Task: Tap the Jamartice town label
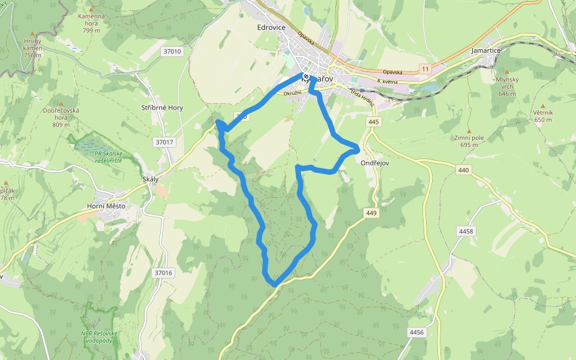tap(486, 50)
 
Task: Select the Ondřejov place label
tap(376, 163)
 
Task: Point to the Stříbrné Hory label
tap(162, 108)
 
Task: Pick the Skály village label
tap(150, 180)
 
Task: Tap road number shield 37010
tap(172, 52)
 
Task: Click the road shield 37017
tap(164, 142)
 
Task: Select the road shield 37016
tap(163, 273)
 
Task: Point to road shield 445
tap(374, 122)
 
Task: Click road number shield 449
tap(371, 213)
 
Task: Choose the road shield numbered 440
tap(463, 170)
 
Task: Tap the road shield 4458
tap(465, 231)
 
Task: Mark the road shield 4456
tap(416, 332)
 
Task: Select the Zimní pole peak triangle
tap(469, 130)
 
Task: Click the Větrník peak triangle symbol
tap(543, 105)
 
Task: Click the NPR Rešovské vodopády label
tap(99, 337)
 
